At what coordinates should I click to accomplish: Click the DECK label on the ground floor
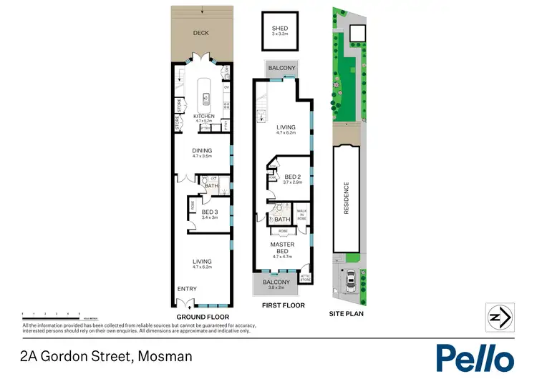point(201,33)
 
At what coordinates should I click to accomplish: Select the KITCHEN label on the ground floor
point(204,116)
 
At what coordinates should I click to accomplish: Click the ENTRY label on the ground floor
point(187,288)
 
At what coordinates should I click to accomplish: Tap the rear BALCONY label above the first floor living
point(282,68)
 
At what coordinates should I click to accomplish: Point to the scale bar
point(50,314)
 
